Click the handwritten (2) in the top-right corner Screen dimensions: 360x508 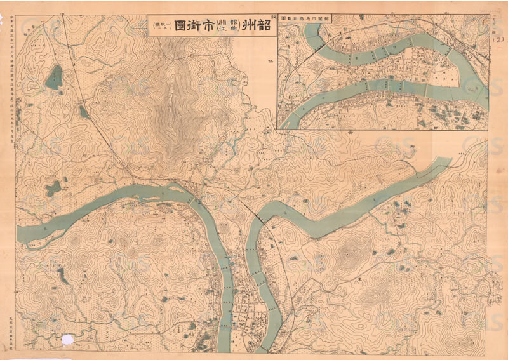[497, 41]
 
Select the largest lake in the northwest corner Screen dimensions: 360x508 [54, 77]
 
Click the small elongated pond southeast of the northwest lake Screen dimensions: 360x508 [83, 112]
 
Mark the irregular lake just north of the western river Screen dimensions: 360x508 [53, 188]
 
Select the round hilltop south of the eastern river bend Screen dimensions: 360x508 [348, 253]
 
